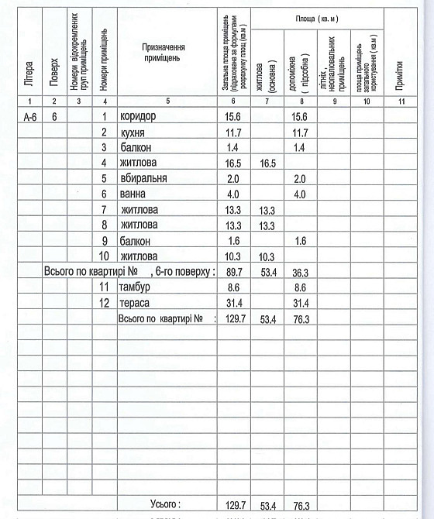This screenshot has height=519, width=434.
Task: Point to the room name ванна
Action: click(133, 194)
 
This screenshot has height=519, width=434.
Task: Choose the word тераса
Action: click(135, 302)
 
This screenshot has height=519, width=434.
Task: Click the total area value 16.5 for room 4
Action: click(233, 163)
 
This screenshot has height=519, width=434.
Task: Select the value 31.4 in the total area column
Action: click(233, 302)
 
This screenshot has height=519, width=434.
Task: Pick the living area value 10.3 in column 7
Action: click(267, 256)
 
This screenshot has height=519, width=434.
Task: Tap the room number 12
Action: click(104, 302)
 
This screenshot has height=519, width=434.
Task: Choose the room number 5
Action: click(104, 178)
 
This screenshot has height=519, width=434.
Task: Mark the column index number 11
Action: click(400, 102)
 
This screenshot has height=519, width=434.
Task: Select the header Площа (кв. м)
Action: click(321, 18)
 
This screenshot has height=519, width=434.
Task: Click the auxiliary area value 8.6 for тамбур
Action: click(301, 287)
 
